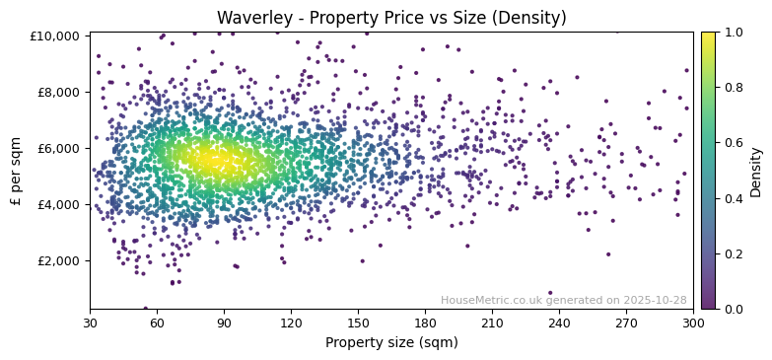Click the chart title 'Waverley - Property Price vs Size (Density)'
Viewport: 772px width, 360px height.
[391, 18]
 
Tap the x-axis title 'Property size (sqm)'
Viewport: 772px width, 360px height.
[391, 342]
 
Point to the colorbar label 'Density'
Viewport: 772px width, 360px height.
[756, 171]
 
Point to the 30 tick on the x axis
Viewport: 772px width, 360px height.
[91, 322]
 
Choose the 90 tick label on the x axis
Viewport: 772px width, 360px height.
[225, 322]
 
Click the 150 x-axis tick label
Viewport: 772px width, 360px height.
[358, 322]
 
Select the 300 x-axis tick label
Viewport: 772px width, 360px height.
[693, 322]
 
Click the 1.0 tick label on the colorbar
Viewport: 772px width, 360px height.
[734, 33]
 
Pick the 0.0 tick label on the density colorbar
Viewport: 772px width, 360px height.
[734, 310]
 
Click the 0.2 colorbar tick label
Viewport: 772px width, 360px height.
[734, 254]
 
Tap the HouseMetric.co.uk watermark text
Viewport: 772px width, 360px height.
[563, 300]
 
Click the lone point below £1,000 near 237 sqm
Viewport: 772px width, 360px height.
[550, 293]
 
